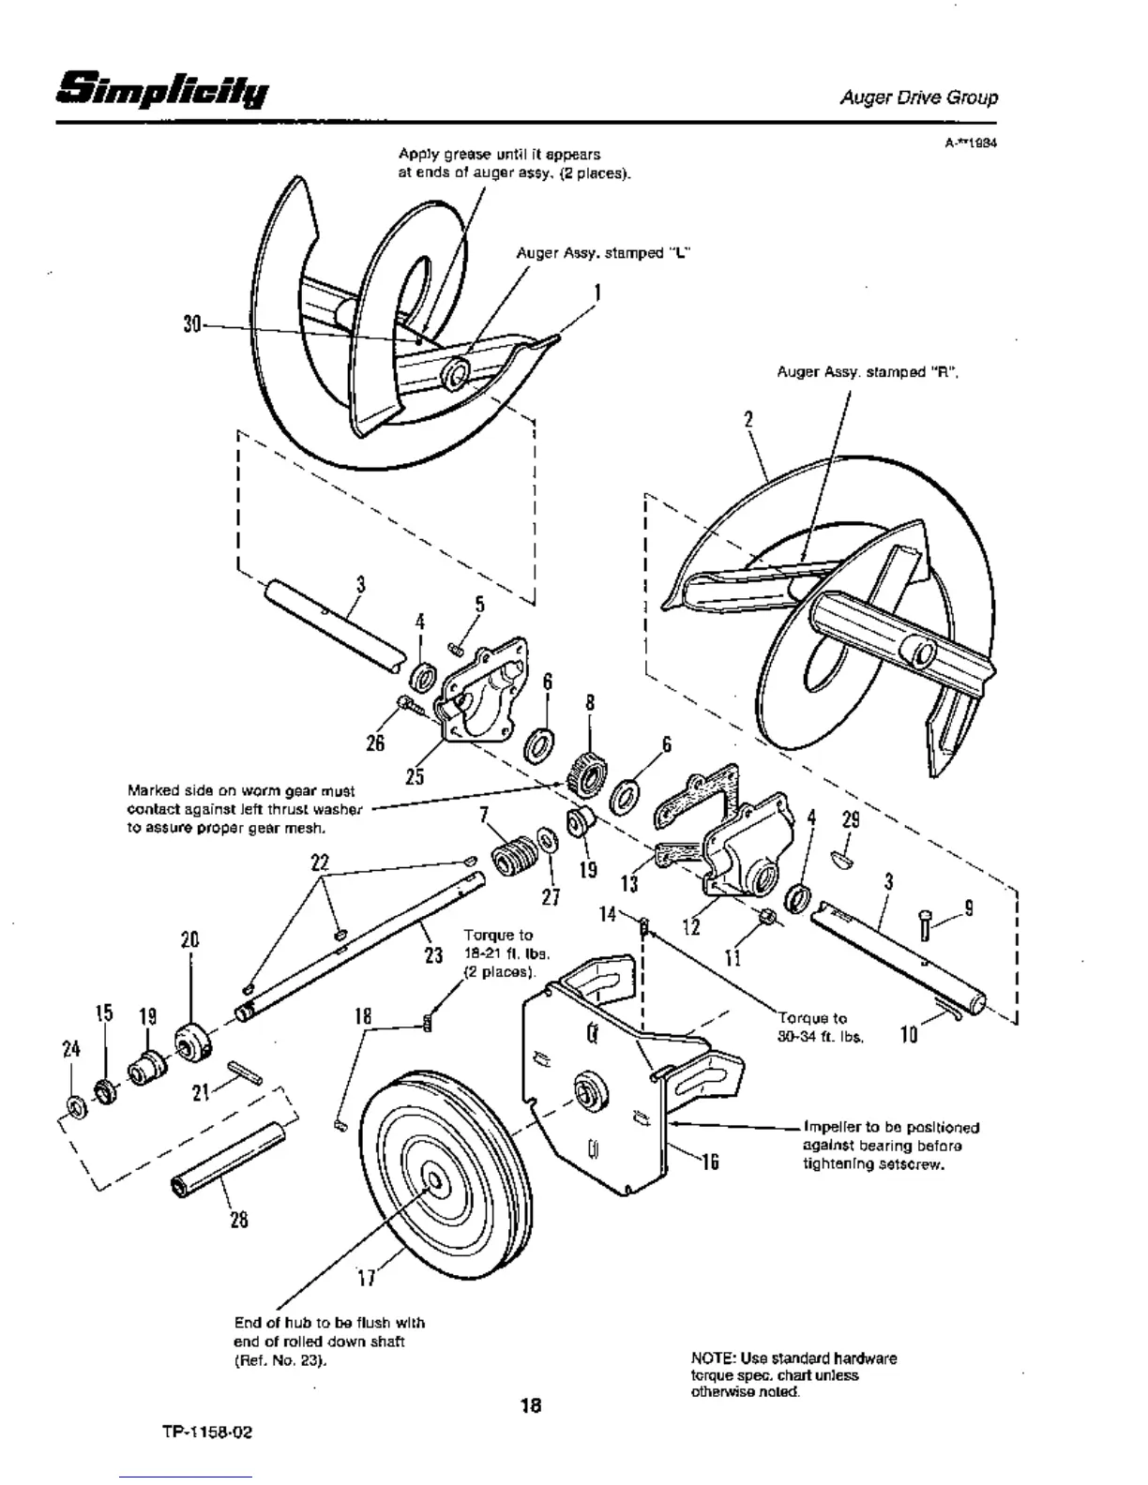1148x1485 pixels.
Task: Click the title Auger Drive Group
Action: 918,97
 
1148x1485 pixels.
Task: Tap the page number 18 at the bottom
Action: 531,1405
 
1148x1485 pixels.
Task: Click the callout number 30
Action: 193,323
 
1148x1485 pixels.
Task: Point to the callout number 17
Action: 367,1277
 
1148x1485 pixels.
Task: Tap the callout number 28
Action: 239,1220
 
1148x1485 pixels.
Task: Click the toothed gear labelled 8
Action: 587,771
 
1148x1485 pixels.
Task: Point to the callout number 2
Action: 748,419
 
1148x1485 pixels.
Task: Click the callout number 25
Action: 415,775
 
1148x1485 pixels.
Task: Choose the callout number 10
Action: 908,1035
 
